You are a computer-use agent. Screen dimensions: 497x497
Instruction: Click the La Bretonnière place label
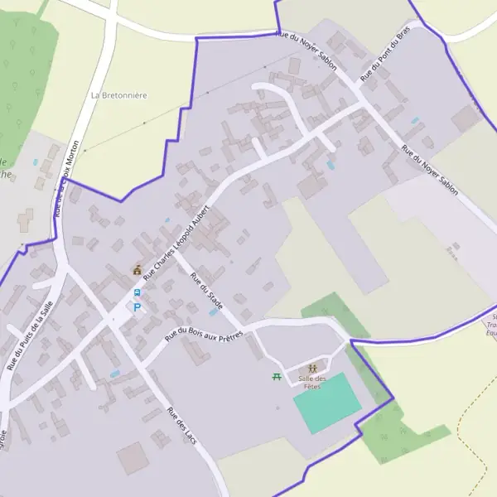coord(119,95)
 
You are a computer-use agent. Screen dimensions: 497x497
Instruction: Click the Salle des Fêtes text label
coord(313,383)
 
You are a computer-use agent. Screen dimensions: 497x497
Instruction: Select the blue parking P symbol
coord(138,306)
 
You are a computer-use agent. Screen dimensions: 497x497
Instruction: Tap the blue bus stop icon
coord(138,292)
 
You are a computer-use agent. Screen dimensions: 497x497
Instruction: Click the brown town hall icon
coord(137,270)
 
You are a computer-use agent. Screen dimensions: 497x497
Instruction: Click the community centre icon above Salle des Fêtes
coord(313,368)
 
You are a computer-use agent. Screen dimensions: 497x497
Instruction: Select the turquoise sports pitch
coord(327,403)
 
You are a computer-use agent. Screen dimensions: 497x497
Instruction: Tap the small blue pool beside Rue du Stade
coord(214,312)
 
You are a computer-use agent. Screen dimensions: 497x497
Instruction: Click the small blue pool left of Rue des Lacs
coord(114,374)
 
